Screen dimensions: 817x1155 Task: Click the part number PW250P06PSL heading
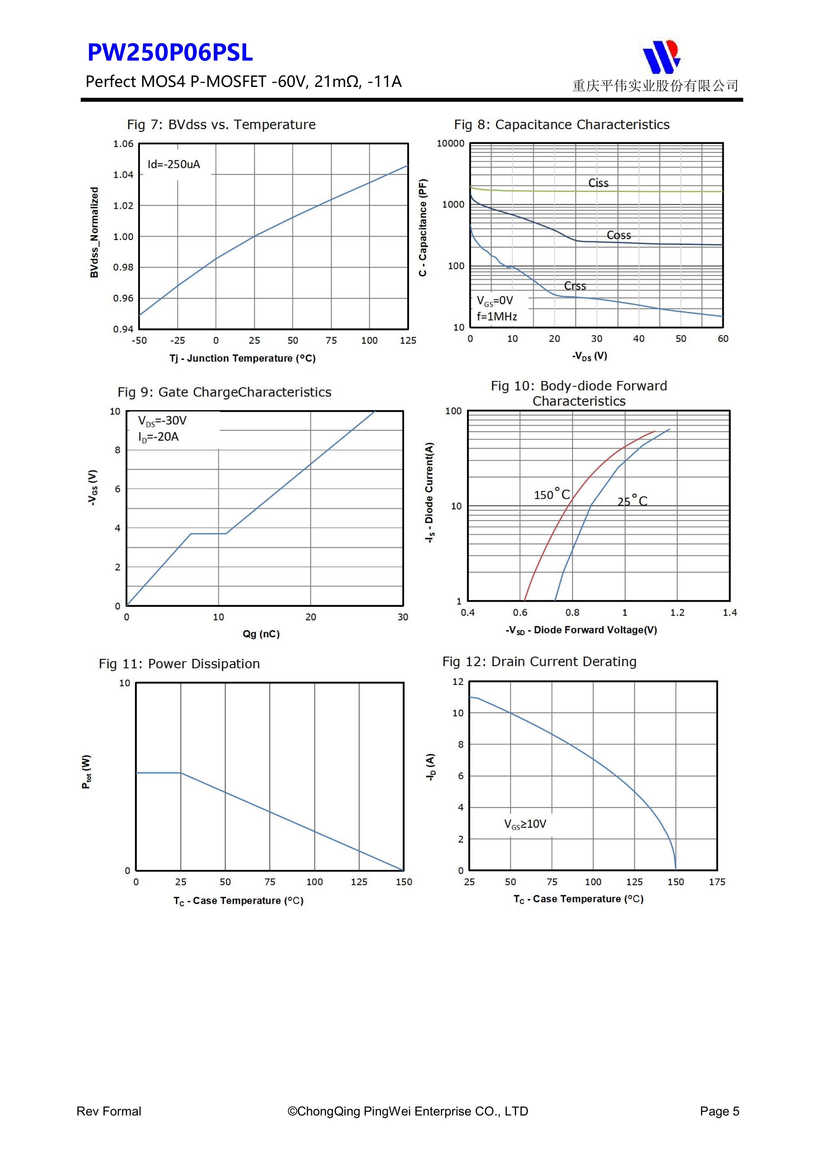tap(170, 52)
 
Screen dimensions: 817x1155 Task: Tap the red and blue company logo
tap(662, 56)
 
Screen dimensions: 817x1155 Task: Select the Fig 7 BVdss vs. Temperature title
tap(221, 125)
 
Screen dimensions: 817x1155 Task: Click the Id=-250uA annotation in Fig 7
tap(174, 165)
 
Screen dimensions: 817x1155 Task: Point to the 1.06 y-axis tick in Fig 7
tap(123, 144)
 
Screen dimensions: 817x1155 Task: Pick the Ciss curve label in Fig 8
tap(599, 183)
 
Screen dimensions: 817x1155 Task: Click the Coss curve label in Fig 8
tap(619, 235)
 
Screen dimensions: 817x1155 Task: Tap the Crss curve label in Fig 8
tap(575, 286)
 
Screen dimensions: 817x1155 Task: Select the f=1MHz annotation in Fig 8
tap(497, 316)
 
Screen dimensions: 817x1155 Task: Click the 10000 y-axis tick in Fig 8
tap(451, 143)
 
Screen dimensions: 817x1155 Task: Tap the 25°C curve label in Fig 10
tap(632, 500)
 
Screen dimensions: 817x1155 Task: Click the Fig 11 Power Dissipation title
tap(179, 664)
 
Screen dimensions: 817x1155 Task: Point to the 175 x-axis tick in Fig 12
tap(717, 882)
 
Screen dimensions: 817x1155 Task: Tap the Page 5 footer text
tap(719, 1111)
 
